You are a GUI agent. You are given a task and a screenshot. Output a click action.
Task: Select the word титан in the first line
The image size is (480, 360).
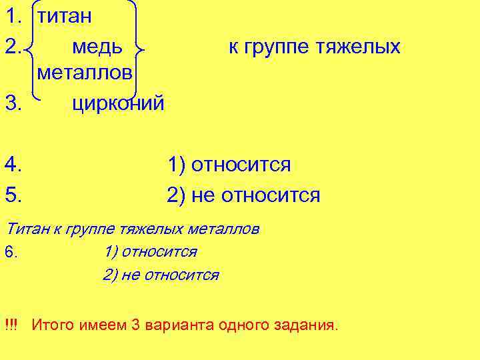tap(64, 17)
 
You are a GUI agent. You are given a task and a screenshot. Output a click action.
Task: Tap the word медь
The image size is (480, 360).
tap(97, 47)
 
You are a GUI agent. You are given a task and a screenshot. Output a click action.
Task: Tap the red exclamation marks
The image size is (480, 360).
tap(11, 325)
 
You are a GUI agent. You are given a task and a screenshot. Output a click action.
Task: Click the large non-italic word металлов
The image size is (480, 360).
tap(85, 73)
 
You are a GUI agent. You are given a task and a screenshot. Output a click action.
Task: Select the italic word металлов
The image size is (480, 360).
tap(224, 229)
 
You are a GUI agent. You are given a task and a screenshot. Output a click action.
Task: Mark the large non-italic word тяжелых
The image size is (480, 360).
tap(357, 47)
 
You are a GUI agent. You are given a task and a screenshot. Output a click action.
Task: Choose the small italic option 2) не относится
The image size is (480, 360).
tap(161, 275)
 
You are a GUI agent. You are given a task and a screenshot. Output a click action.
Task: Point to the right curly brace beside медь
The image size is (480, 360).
tap(138, 47)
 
